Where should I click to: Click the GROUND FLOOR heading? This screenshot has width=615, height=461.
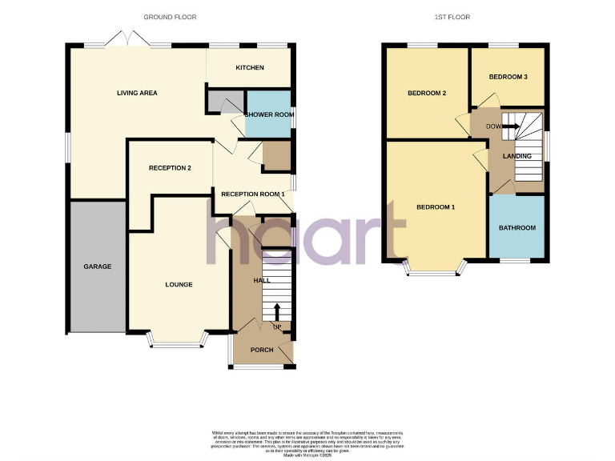170,17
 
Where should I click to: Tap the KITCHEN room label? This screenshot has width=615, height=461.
250,68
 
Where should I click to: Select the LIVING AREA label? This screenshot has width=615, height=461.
137,93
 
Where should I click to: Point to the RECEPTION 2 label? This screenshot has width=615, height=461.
170,168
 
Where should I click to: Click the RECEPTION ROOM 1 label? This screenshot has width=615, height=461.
253,194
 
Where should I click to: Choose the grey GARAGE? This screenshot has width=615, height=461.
97,267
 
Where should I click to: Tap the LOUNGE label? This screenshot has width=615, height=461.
179,284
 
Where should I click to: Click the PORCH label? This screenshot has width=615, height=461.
262,350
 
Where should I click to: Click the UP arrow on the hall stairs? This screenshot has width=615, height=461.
278,311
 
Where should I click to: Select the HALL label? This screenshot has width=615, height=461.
261,281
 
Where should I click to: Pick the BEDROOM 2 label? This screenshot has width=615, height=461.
426,94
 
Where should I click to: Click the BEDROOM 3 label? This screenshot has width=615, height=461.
508,77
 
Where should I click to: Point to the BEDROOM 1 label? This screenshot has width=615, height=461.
436,207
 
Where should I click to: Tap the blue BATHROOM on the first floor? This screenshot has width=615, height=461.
517,228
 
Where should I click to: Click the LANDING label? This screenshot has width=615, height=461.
517,156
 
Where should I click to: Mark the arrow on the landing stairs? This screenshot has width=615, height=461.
511,126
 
